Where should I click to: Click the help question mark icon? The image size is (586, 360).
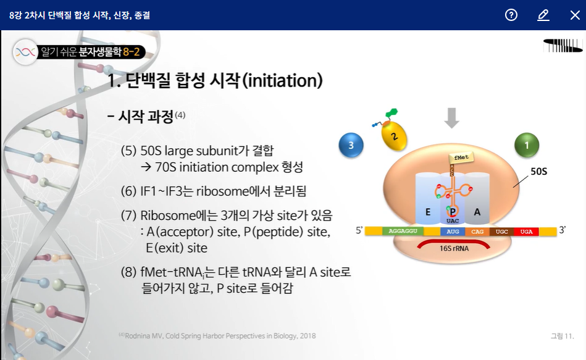[511, 15]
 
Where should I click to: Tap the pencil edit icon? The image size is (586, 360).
[543, 15]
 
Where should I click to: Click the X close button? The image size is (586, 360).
[575, 15]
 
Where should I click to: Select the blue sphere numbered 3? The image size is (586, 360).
[351, 145]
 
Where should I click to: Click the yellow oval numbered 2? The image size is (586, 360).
[394, 136]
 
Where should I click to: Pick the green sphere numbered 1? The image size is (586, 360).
[527, 145]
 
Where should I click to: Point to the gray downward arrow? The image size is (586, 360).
[452, 118]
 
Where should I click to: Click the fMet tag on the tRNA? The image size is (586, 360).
[461, 157]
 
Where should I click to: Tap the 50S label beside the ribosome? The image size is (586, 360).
[539, 171]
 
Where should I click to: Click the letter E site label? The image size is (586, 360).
[428, 212]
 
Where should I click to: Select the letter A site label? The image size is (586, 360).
[477, 212]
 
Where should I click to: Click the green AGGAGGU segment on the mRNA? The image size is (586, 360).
[403, 231]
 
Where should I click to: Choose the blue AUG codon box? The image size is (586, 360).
[453, 232]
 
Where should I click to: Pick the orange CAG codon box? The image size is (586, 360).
[477, 232]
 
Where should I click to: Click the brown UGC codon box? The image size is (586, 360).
[501, 232]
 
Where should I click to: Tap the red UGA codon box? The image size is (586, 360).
[526, 232]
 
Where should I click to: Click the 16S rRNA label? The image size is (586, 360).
[454, 248]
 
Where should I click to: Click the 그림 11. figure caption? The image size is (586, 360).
[562, 336]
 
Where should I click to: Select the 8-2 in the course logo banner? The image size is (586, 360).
[131, 52]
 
